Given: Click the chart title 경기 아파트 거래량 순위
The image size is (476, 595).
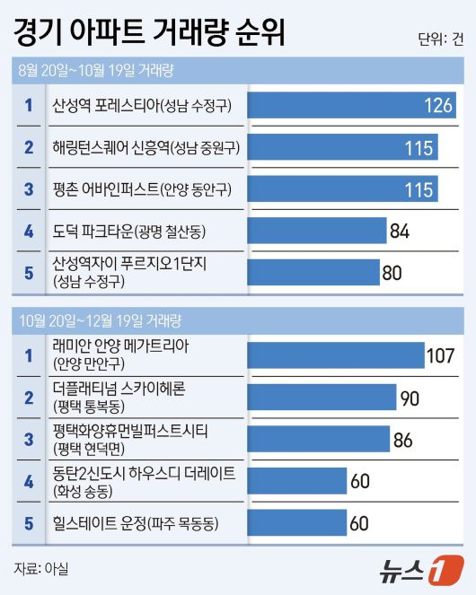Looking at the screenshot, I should click(149, 32).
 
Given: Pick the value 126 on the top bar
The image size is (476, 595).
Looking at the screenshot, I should click(438, 106).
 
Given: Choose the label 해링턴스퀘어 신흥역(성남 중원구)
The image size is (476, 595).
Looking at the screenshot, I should click(146, 147).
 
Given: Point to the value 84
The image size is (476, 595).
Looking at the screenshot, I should click(400, 232).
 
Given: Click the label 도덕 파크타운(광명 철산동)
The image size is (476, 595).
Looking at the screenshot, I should click(130, 232).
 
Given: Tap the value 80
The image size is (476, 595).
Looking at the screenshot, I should click(392, 273).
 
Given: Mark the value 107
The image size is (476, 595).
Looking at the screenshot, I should click(441, 355).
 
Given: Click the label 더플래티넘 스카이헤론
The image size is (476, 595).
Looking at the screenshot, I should click(132, 389).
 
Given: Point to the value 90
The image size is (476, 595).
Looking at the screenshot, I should click(410, 398).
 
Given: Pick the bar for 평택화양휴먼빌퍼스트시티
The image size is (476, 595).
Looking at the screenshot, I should click(318, 439).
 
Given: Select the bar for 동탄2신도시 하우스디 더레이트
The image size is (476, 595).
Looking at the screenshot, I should click(297, 481).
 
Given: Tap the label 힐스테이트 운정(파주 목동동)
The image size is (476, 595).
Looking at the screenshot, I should click(136, 523).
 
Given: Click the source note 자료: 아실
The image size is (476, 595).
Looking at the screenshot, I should click(41, 567).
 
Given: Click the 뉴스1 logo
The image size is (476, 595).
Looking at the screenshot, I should click(422, 568).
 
